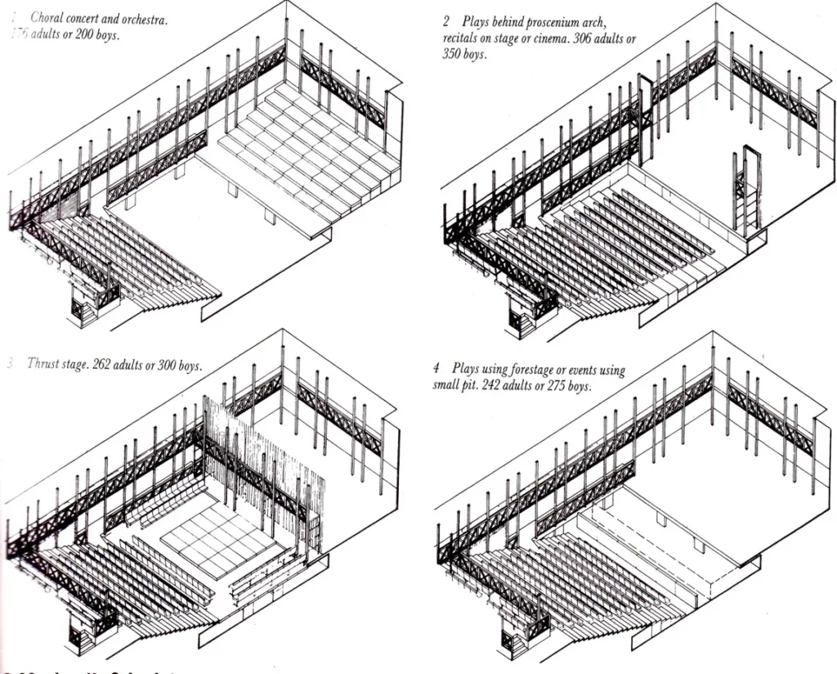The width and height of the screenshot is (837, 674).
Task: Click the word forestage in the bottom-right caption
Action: point(543,370)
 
